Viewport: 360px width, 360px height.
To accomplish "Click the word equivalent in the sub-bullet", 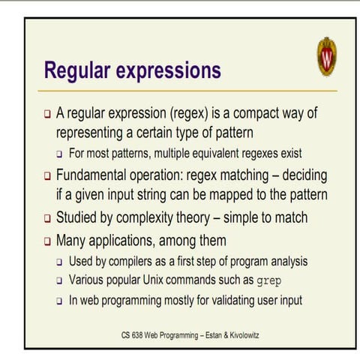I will click(x=236, y=154).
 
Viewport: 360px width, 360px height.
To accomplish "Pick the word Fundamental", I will click(x=100, y=177).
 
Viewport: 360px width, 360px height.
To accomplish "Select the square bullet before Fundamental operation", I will click(x=47, y=178).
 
